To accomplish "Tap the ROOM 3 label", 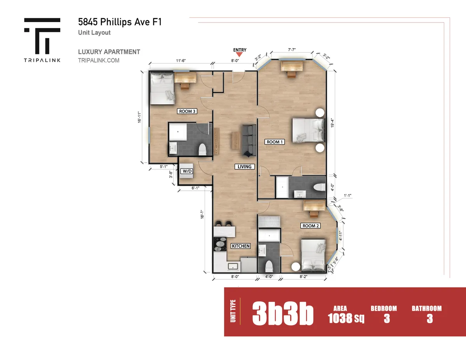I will pyautogui.click(x=187, y=111).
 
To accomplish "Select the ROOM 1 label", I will pyautogui.click(x=275, y=142).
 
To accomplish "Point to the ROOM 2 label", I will pyautogui.click(x=311, y=226).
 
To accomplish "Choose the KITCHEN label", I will pyautogui.click(x=240, y=246).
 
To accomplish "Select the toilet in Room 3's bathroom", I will pyautogui.click(x=202, y=149).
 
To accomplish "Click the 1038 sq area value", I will pyautogui.click(x=346, y=318).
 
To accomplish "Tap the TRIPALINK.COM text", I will pyautogui.click(x=99, y=61).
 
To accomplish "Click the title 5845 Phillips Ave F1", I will pyautogui.click(x=119, y=22).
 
